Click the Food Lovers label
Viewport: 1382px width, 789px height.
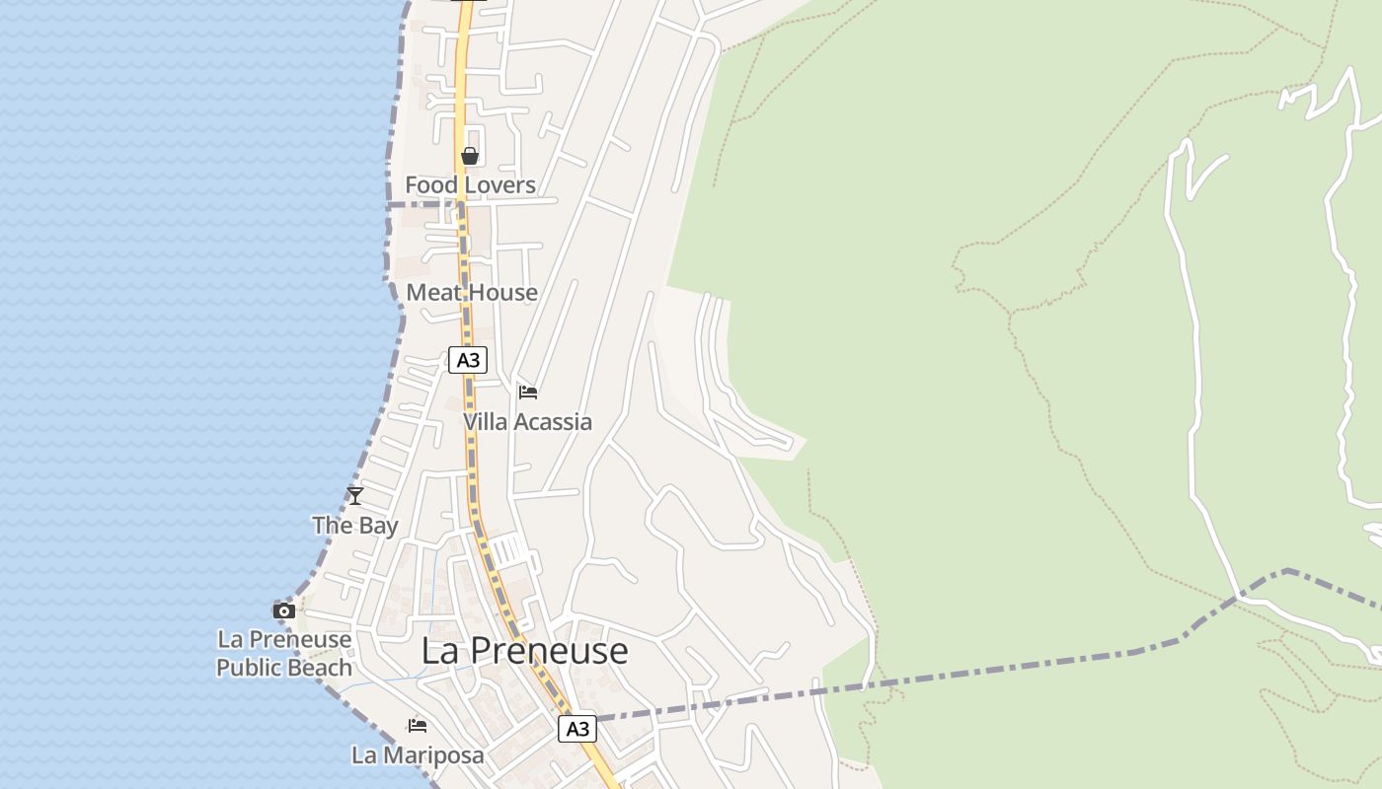(x=470, y=184)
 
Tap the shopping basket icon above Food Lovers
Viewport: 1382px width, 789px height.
(x=470, y=156)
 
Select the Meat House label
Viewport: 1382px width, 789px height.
(x=472, y=292)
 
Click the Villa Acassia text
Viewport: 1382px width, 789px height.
(x=528, y=421)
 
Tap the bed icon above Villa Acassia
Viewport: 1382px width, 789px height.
(x=528, y=392)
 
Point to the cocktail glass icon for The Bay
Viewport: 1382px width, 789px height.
(x=355, y=495)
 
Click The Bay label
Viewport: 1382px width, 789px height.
(x=355, y=525)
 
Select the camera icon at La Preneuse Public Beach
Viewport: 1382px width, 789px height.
(x=284, y=610)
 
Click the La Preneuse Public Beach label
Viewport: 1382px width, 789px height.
(x=284, y=653)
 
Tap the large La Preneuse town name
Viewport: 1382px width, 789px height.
(x=524, y=650)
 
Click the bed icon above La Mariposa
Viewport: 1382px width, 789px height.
(x=418, y=726)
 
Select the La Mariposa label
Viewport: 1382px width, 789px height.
(x=418, y=755)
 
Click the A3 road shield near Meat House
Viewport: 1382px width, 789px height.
(x=468, y=360)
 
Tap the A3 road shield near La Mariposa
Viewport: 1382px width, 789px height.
(x=577, y=729)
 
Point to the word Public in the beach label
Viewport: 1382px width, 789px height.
(x=250, y=668)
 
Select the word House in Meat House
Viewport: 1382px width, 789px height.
(x=503, y=292)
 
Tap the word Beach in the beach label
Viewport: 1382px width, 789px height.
(x=320, y=668)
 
